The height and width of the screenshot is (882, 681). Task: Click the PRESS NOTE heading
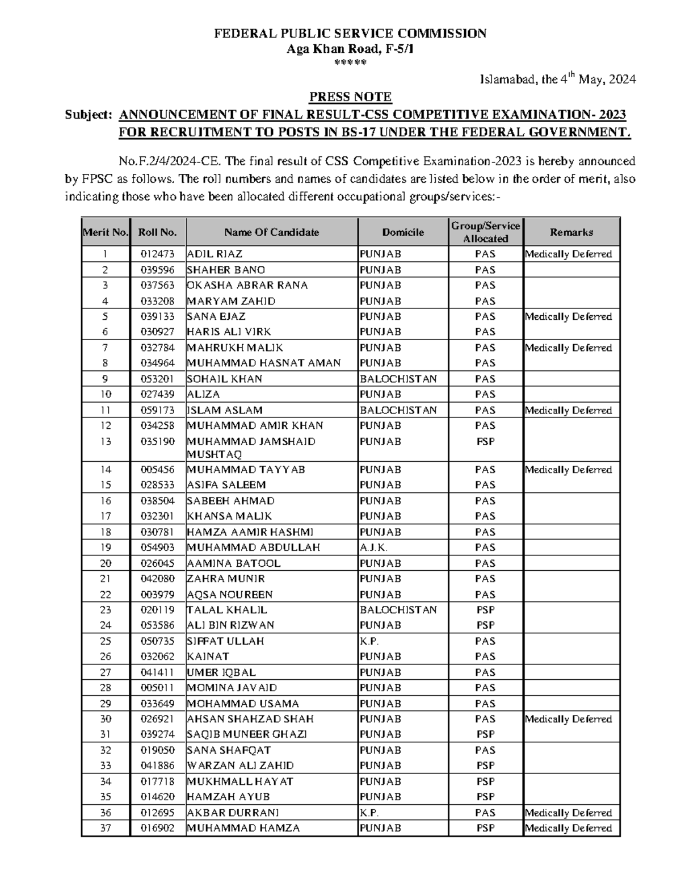tap(350, 97)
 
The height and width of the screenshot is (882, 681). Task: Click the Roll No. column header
tap(158, 232)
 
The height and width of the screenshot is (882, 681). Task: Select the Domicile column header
tap(403, 232)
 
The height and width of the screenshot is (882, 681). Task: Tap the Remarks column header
tap(571, 232)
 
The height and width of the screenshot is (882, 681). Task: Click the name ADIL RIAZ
tap(215, 254)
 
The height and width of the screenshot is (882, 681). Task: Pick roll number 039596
tap(158, 270)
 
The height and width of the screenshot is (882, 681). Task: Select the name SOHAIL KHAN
tap(224, 379)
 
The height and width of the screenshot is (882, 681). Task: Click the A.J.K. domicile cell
tap(373, 547)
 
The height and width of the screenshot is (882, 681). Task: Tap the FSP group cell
tap(485, 441)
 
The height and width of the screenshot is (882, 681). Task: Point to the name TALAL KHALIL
tap(227, 610)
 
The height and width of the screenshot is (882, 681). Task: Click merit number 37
tap(106, 828)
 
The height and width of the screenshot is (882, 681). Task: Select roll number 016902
tap(158, 828)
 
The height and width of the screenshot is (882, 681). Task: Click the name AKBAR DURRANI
tap(233, 813)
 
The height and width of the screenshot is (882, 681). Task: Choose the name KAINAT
tap(208, 657)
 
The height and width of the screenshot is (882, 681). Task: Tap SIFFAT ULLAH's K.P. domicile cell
tap(369, 641)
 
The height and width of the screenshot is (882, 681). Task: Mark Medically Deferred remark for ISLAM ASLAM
tap(569, 410)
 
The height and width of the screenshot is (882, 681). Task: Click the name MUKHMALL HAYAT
tap(240, 781)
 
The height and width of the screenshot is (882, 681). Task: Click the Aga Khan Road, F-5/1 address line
tap(350, 49)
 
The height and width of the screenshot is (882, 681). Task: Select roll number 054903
tap(158, 547)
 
